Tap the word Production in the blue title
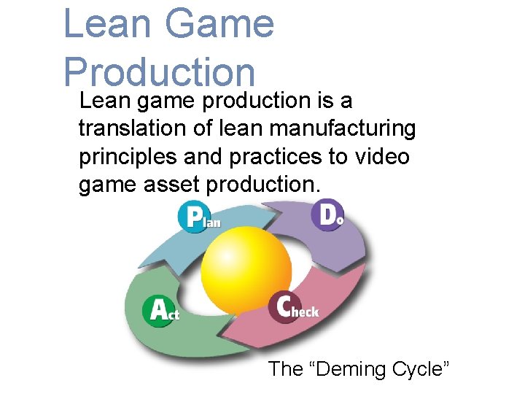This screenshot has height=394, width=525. (159, 73)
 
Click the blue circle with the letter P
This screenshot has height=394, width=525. (193, 216)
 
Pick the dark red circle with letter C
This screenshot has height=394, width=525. (284, 306)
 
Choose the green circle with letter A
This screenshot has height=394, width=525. (158, 309)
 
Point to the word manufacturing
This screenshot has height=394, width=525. (342, 128)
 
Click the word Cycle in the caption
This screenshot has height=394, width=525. (423, 369)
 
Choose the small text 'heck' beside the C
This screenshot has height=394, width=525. (306, 312)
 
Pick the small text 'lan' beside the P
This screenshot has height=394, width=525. (211, 221)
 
